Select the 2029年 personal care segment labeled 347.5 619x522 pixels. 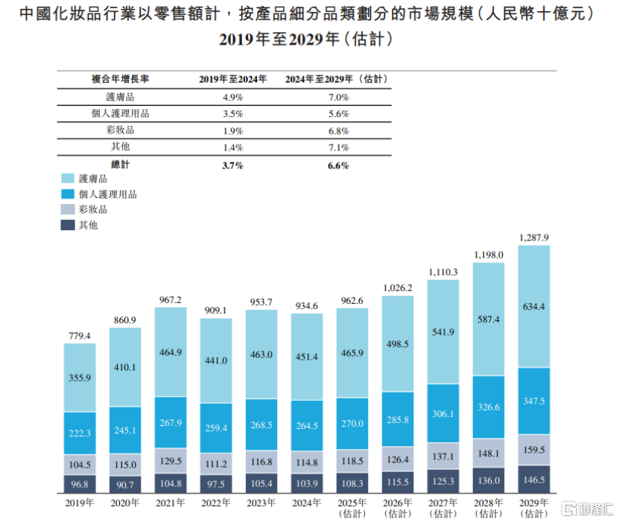point(533,401)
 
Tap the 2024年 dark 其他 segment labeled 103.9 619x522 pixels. point(307,483)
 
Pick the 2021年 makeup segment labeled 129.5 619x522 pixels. point(171,461)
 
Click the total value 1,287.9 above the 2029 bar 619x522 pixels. point(533,238)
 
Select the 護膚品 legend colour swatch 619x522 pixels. point(67,179)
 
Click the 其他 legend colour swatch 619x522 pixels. point(67,224)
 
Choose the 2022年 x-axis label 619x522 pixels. point(216,503)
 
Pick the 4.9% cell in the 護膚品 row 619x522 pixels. point(233,98)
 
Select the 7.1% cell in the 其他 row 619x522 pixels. point(338,147)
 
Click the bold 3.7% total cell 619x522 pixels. point(233,165)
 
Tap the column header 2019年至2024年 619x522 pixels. point(233,79)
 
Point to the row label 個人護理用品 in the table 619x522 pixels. point(120,114)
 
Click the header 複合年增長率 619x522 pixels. point(120,79)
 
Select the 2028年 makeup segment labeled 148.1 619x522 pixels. point(488,452)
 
